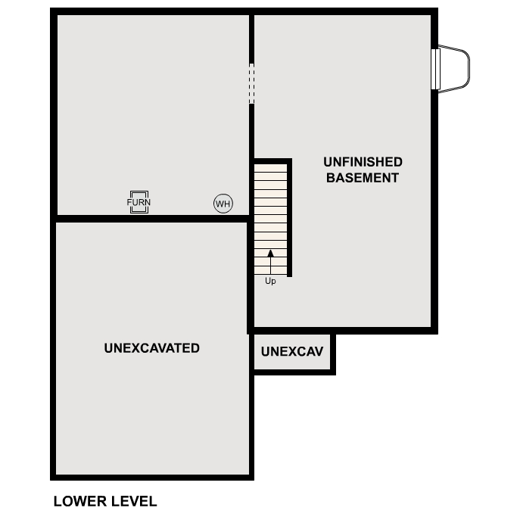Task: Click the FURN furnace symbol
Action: [139, 202]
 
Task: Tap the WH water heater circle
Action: [223, 204]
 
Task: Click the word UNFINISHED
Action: [363, 162]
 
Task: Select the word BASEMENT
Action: [363, 178]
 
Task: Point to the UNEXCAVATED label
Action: [152, 348]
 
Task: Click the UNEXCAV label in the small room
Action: [292, 351]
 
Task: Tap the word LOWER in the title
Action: [80, 501]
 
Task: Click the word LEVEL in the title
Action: [134, 501]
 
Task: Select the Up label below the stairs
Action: [270, 281]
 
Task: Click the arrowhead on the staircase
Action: [271, 254]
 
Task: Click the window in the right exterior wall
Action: [435, 69]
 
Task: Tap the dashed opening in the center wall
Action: [252, 83]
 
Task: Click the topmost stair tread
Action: [271, 168]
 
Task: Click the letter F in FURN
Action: [129, 202]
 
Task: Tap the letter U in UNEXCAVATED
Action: [108, 348]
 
